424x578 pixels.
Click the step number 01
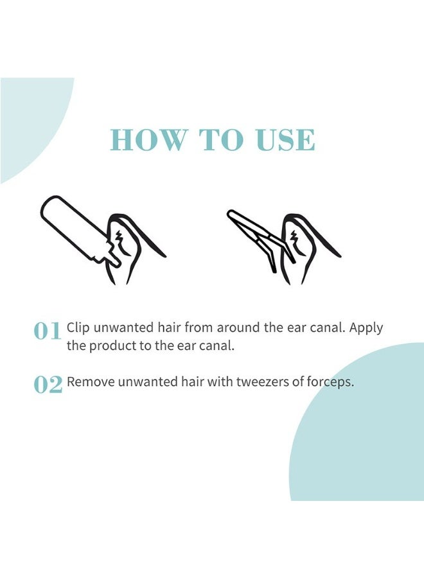click(x=48, y=331)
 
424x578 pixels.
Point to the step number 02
click(x=48, y=384)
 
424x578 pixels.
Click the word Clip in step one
click(x=78, y=328)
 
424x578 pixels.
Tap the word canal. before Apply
click(x=326, y=328)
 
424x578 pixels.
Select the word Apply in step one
click(x=367, y=328)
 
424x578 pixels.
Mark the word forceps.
click(x=330, y=382)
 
